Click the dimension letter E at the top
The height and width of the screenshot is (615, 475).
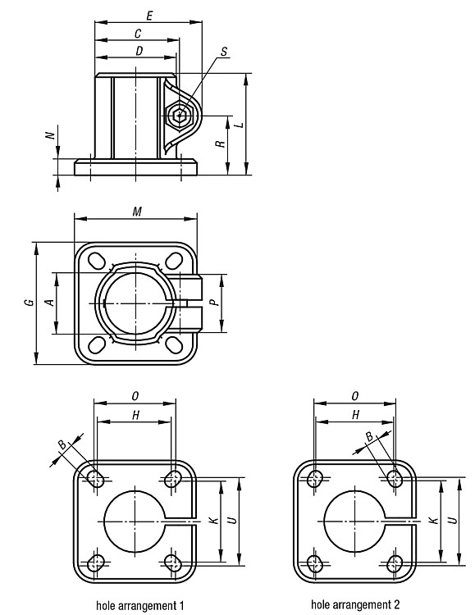tap(149, 16)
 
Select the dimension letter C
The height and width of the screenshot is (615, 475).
tap(138, 34)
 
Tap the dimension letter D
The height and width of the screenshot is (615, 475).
tap(139, 52)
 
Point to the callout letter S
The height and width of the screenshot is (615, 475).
tap(224, 52)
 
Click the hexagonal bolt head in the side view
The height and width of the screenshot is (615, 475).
tap(180, 116)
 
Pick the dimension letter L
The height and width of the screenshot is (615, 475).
tap(239, 125)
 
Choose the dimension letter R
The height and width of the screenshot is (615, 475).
tap(221, 144)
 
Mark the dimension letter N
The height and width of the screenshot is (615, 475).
tap(50, 135)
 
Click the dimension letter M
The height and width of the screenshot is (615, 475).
tap(137, 212)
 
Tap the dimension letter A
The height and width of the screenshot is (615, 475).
tap(50, 302)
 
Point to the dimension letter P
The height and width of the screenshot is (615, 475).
tap(212, 303)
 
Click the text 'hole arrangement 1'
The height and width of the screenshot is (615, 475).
tap(140, 605)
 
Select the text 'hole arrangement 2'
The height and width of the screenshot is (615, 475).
tap(355, 604)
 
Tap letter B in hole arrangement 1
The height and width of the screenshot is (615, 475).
tap(62, 444)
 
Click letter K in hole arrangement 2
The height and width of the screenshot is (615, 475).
tap(433, 521)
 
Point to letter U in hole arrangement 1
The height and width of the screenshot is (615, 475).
tap(232, 521)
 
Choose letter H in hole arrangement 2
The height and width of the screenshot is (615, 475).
tap(356, 415)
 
